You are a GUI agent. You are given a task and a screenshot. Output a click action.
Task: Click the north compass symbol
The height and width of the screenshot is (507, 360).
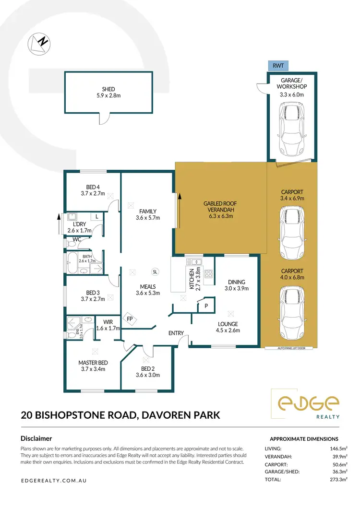pos(39,43)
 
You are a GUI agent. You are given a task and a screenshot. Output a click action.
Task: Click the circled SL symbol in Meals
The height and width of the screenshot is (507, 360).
pos(155,271)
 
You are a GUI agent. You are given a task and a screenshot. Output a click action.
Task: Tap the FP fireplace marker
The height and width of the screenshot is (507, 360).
pos(129,318)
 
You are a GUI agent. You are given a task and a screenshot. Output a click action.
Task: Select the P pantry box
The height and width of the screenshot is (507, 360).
pos(206,305)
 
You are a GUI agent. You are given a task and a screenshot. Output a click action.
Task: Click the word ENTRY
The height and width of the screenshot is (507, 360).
pos(176,333)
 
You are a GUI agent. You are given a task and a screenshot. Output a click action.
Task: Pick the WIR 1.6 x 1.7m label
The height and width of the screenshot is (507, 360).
pos(108,325)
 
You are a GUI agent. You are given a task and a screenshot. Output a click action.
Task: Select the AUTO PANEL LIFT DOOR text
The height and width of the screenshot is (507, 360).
pos(288,349)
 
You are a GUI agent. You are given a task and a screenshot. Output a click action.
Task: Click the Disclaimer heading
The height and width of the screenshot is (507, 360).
pos(36,438)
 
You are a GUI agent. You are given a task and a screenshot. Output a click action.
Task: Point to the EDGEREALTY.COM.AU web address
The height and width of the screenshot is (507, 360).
pos(54,480)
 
